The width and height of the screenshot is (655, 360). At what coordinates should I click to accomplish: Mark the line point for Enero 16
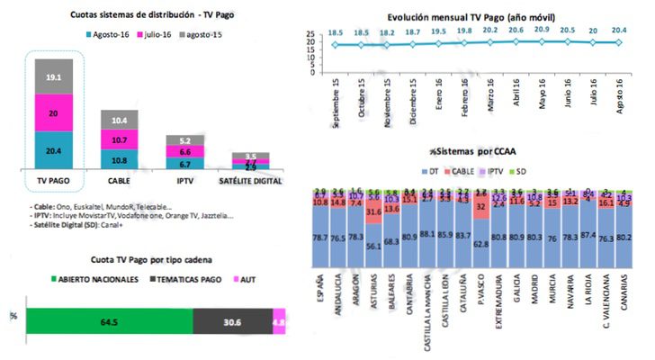441,42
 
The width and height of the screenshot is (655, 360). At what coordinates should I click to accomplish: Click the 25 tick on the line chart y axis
311,32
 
